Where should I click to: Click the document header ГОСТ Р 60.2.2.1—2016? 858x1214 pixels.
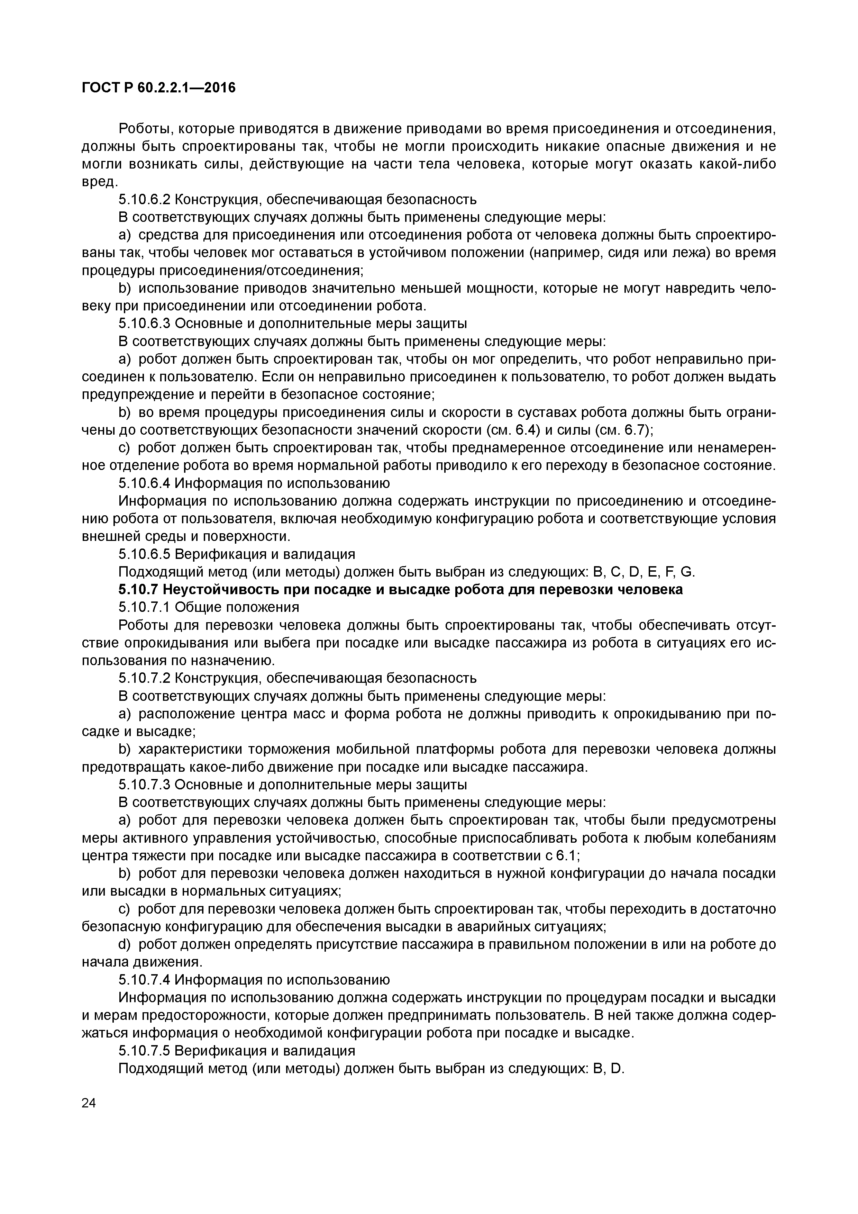click(158, 88)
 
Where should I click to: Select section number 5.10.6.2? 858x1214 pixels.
click(144, 200)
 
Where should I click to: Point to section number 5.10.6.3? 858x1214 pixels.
click(144, 324)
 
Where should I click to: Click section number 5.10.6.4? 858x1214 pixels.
click(144, 483)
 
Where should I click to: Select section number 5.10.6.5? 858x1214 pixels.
click(144, 554)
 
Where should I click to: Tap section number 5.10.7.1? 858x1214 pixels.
click(144, 607)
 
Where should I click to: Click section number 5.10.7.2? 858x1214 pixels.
click(144, 678)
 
